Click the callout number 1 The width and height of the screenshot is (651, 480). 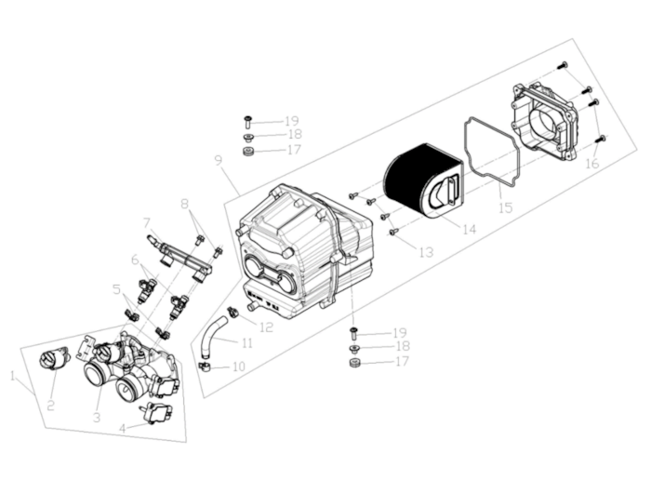point(13,377)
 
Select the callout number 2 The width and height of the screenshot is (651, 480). point(51,405)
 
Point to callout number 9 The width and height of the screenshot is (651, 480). point(219,160)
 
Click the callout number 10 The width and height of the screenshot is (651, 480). point(238,367)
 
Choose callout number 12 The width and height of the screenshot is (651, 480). point(267,327)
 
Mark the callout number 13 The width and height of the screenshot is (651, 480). point(426,252)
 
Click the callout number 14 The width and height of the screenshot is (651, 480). point(468,229)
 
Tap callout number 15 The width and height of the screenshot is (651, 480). point(505,208)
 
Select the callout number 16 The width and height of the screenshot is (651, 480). point(591,164)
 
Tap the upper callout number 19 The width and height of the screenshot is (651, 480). point(292,121)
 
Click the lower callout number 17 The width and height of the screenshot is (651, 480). point(402,361)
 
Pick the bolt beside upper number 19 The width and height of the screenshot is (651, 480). point(249,121)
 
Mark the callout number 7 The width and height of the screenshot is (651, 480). point(147,221)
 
